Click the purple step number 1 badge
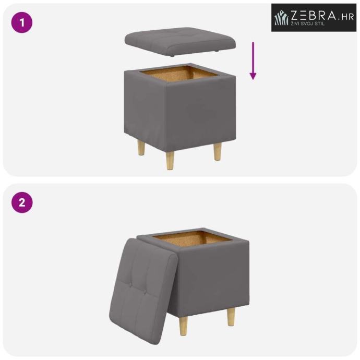click(x=22, y=23)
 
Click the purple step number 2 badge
click(x=22, y=203)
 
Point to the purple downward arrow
click(x=253, y=61)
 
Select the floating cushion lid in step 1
click(x=180, y=42)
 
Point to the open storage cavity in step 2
click(x=193, y=239)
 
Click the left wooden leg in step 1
click(x=141, y=148)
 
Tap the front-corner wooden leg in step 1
click(x=170, y=161)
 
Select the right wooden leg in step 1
click(x=218, y=151)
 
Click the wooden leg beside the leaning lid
click(x=184, y=326)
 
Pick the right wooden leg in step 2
click(x=231, y=317)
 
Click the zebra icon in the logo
click(x=282, y=17)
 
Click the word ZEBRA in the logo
click(x=314, y=15)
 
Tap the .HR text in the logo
click(x=346, y=17)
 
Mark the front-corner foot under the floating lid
click(x=172, y=56)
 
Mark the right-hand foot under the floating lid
click(x=216, y=52)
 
